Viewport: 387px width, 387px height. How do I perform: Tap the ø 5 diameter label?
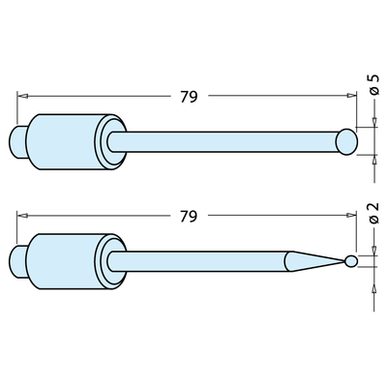(x=373, y=97)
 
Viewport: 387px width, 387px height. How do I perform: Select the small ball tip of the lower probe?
(x=349, y=261)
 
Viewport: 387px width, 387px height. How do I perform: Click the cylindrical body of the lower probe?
(x=62, y=259)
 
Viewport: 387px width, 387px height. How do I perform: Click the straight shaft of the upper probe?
(x=223, y=140)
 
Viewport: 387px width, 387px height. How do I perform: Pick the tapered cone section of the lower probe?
(x=310, y=260)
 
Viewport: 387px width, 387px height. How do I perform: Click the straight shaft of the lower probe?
(x=193, y=260)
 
